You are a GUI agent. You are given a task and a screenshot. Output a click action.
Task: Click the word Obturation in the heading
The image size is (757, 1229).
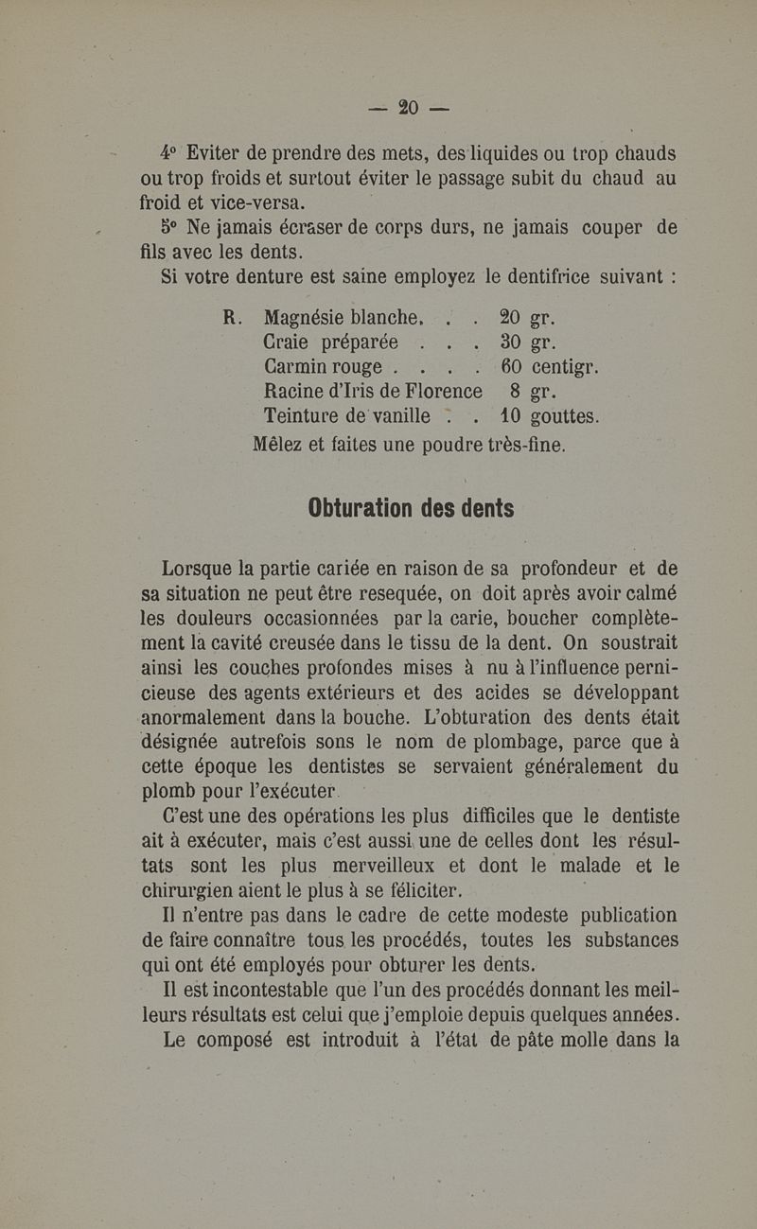click(x=363, y=508)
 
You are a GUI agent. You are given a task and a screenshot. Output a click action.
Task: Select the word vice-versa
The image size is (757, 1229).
click(x=250, y=202)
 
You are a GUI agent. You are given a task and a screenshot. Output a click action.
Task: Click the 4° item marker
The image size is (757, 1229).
click(x=169, y=152)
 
